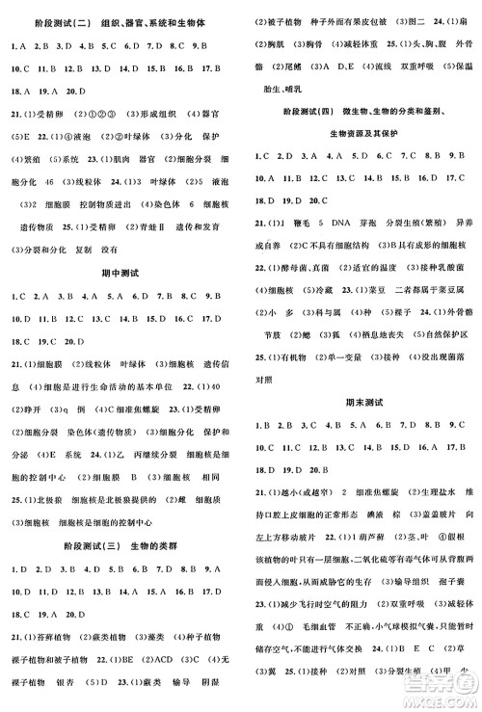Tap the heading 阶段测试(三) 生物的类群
pos(119,542)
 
